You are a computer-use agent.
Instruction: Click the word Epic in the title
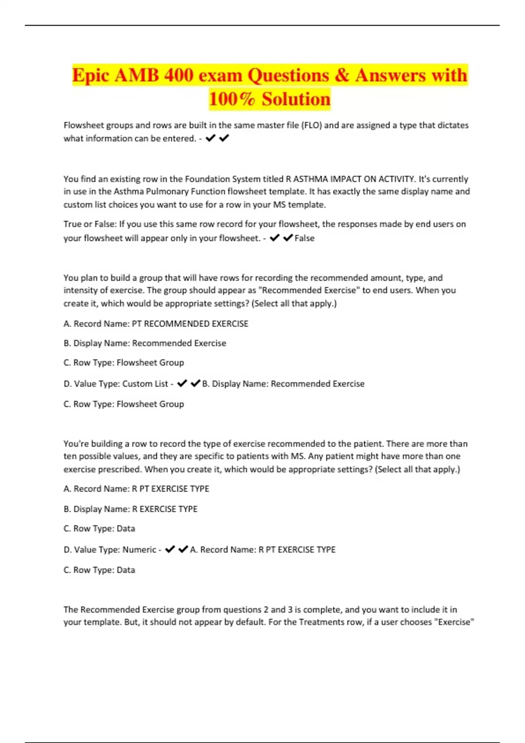click(91, 75)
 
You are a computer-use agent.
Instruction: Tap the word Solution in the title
click(296, 99)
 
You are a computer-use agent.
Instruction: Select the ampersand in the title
click(342, 75)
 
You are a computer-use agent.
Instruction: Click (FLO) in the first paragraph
click(311, 125)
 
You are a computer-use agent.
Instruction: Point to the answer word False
click(304, 238)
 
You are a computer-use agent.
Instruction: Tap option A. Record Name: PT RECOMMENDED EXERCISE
click(156, 324)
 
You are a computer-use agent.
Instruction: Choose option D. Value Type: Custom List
click(116, 384)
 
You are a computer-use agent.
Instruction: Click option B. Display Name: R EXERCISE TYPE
click(130, 509)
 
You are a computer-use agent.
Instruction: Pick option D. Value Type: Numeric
click(110, 550)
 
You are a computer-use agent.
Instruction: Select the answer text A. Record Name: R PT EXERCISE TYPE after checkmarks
click(263, 550)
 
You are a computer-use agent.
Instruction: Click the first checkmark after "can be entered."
click(210, 139)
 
